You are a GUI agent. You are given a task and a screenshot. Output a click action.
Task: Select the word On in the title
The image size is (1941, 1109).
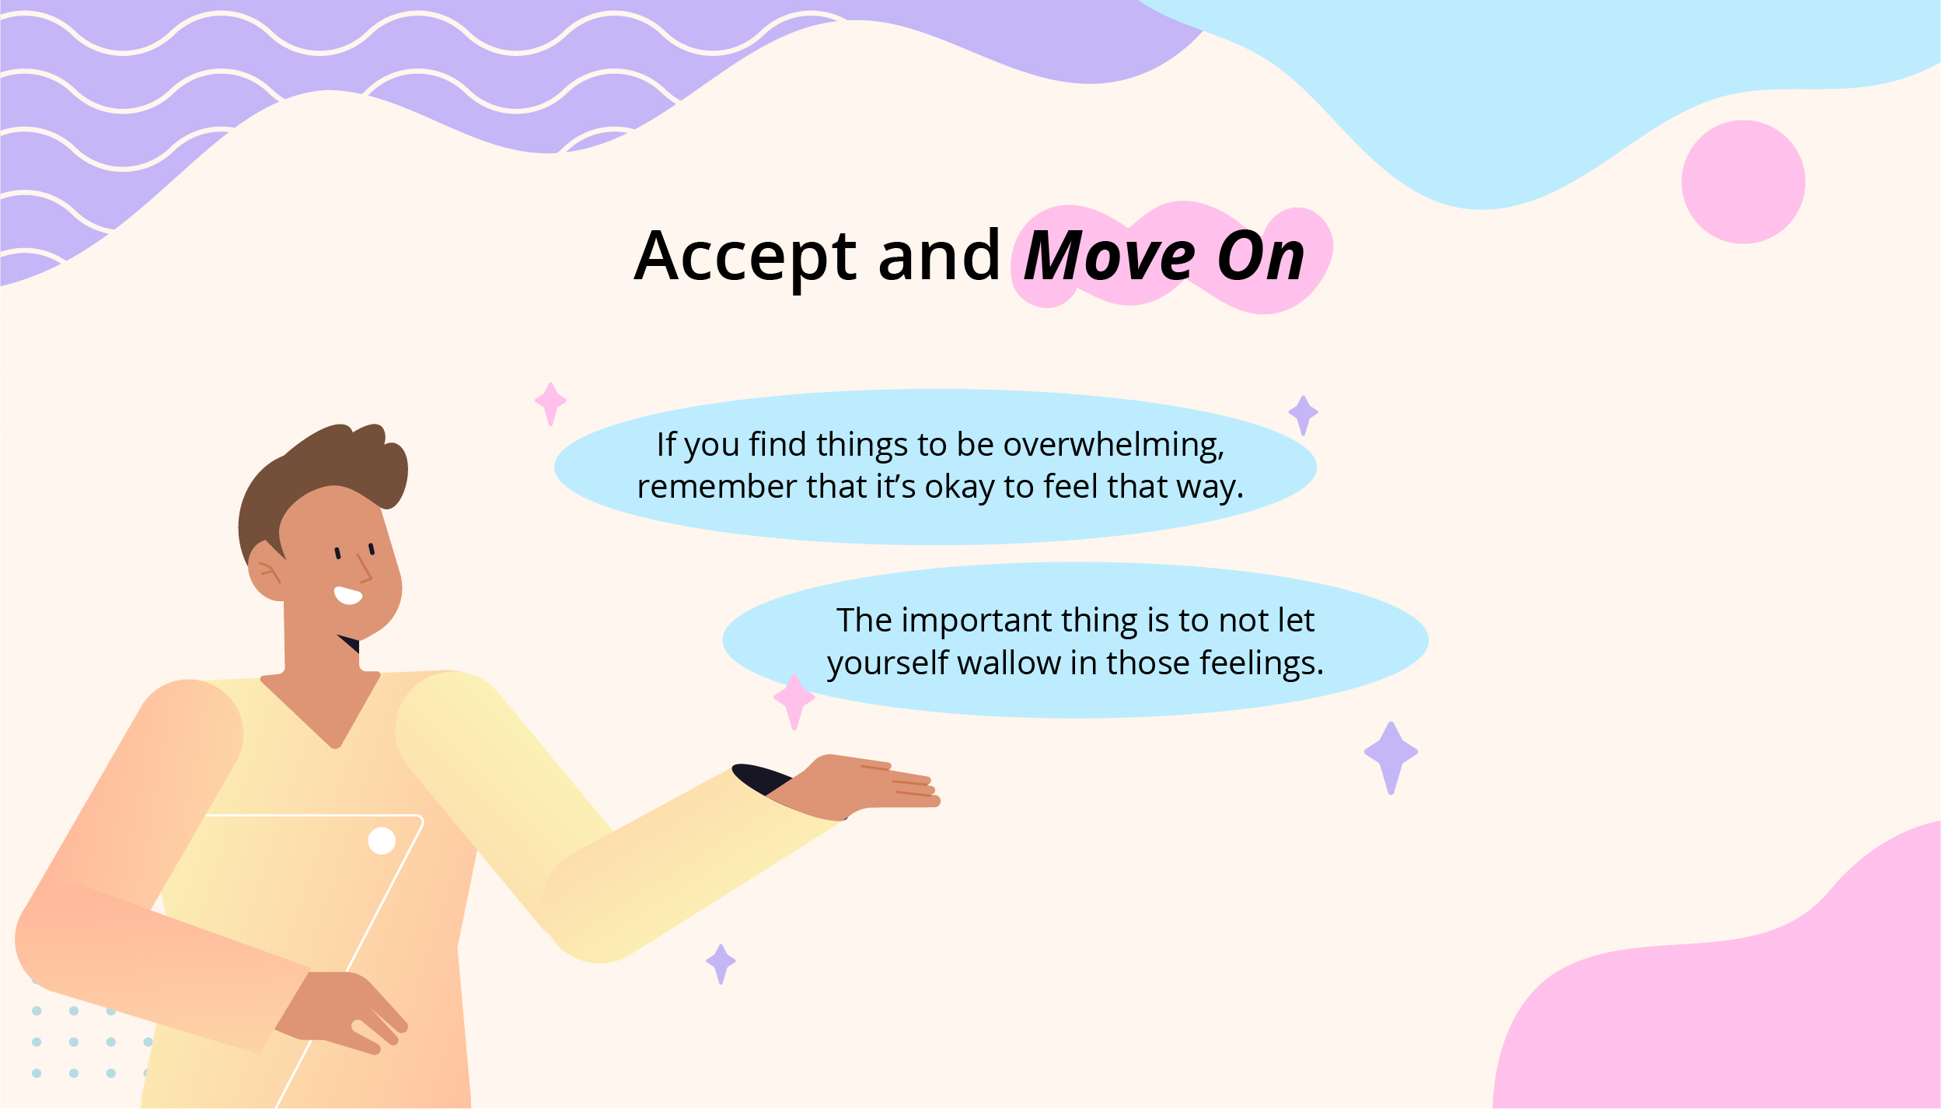click(1261, 257)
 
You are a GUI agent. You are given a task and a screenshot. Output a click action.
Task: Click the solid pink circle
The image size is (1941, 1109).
click(1743, 182)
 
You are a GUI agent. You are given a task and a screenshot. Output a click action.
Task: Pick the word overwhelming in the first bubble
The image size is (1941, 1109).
click(1113, 446)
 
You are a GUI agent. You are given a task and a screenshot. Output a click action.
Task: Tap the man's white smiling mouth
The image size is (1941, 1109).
click(347, 596)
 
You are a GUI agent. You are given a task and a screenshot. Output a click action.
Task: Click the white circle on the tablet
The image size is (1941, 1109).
click(382, 841)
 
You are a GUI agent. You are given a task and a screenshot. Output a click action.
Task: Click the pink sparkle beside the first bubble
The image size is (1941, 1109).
click(550, 404)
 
